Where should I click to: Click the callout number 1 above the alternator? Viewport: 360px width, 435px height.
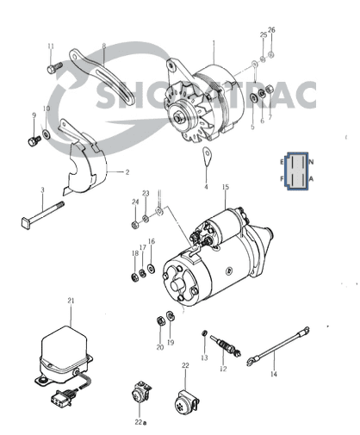click(x=214, y=41)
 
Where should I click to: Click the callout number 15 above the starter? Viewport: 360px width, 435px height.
click(x=226, y=187)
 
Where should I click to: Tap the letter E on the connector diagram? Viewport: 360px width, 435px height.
click(x=282, y=161)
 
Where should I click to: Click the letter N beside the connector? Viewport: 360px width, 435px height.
click(x=311, y=161)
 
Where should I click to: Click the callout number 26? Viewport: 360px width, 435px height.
click(x=272, y=31)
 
